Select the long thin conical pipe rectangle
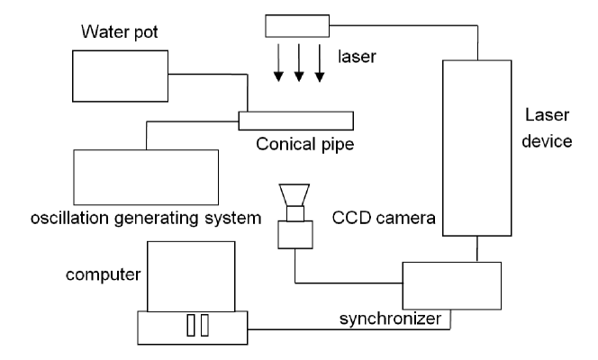pos(296,120)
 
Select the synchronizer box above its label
pos(450,284)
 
